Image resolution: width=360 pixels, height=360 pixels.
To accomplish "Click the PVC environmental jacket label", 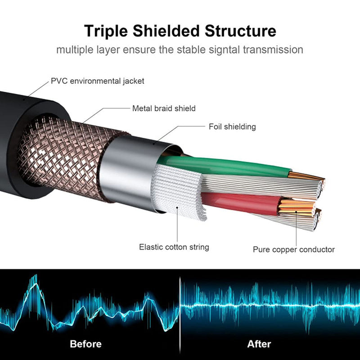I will (98, 81).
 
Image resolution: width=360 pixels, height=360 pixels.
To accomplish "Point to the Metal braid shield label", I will (164, 108).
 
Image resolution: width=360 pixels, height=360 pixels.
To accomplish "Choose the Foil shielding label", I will (232, 127).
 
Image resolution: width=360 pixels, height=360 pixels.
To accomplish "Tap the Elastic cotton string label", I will (174, 247).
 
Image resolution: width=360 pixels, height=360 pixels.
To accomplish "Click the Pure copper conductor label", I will (294, 249).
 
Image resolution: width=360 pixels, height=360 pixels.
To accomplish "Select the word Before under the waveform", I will (85, 344).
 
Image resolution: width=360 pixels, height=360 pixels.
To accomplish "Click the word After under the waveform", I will (259, 344).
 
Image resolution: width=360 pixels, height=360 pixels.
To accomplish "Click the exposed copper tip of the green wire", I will (304, 176).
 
